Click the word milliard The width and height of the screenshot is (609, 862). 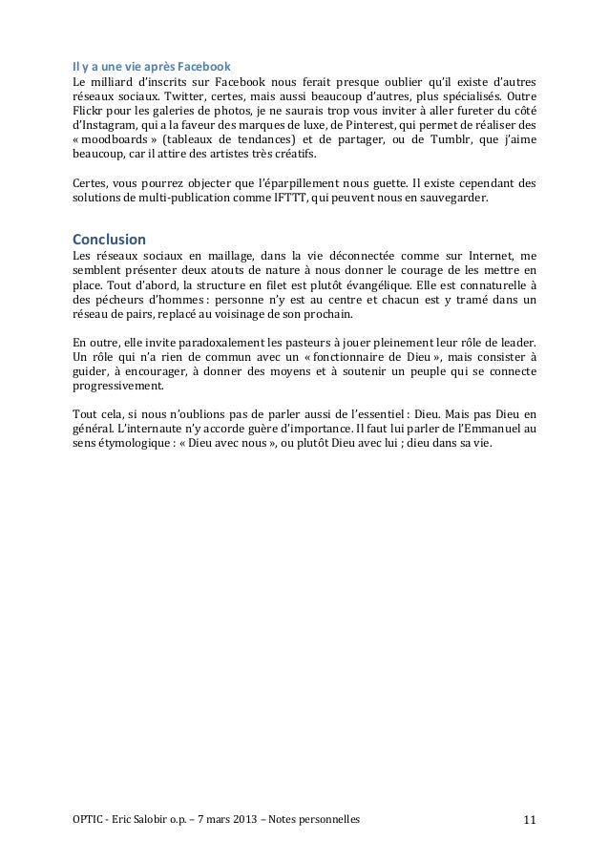110,82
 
